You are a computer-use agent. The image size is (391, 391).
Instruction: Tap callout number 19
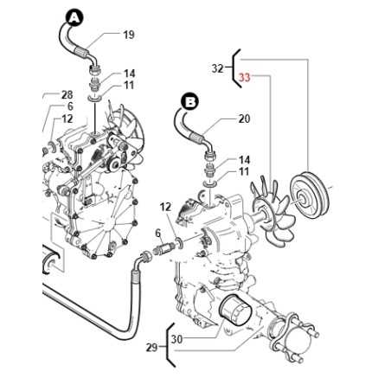tap(129, 35)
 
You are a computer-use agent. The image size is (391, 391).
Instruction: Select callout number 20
tap(243, 119)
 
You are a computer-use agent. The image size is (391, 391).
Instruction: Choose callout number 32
tap(217, 67)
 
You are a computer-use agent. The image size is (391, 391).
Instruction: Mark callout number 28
tap(67, 94)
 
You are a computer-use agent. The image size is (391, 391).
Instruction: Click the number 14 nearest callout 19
tap(129, 74)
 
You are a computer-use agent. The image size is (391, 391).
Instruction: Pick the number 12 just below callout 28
tap(67, 119)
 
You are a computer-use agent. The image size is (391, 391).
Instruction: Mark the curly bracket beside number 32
tap(232, 67)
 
